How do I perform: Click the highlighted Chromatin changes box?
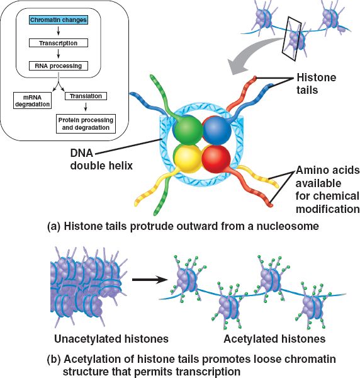tap(59, 20)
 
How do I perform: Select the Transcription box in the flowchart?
tap(59, 43)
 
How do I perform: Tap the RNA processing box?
tap(59, 66)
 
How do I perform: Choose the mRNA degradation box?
tap(32, 101)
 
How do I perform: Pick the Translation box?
tap(86, 96)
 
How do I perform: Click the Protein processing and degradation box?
tap(86, 123)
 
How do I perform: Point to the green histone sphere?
tap(188, 130)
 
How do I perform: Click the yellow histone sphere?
tap(188, 158)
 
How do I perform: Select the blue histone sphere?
tap(217, 130)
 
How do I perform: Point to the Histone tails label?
tap(316, 84)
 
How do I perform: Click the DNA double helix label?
tap(101, 159)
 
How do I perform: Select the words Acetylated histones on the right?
tap(274, 339)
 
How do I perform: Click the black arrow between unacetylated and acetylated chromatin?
tap(150, 280)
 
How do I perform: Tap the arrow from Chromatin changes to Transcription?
tap(59, 30)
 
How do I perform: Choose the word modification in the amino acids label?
tap(328, 209)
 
